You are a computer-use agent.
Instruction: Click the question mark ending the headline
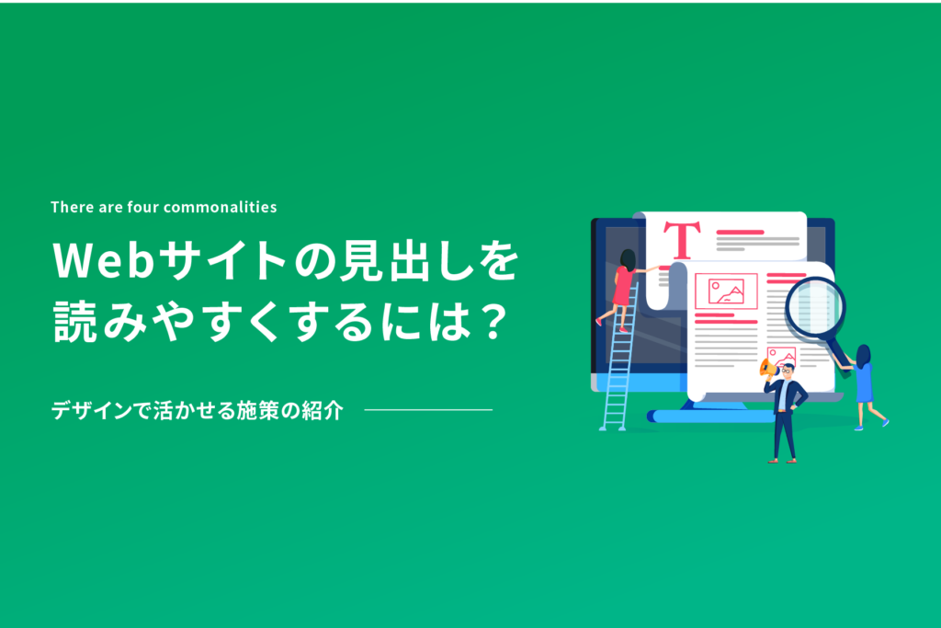coord(495,322)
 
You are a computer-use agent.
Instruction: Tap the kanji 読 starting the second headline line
coord(75,322)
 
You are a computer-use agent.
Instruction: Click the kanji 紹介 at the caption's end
coord(323,411)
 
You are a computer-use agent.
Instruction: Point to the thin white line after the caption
coord(428,410)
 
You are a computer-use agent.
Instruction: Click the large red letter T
coord(682,240)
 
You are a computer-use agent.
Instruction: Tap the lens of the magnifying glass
coord(816,306)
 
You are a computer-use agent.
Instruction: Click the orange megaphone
coord(767,368)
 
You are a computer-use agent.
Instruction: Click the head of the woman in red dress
coord(628,260)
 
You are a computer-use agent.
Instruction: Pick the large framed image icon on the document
coord(726,291)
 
